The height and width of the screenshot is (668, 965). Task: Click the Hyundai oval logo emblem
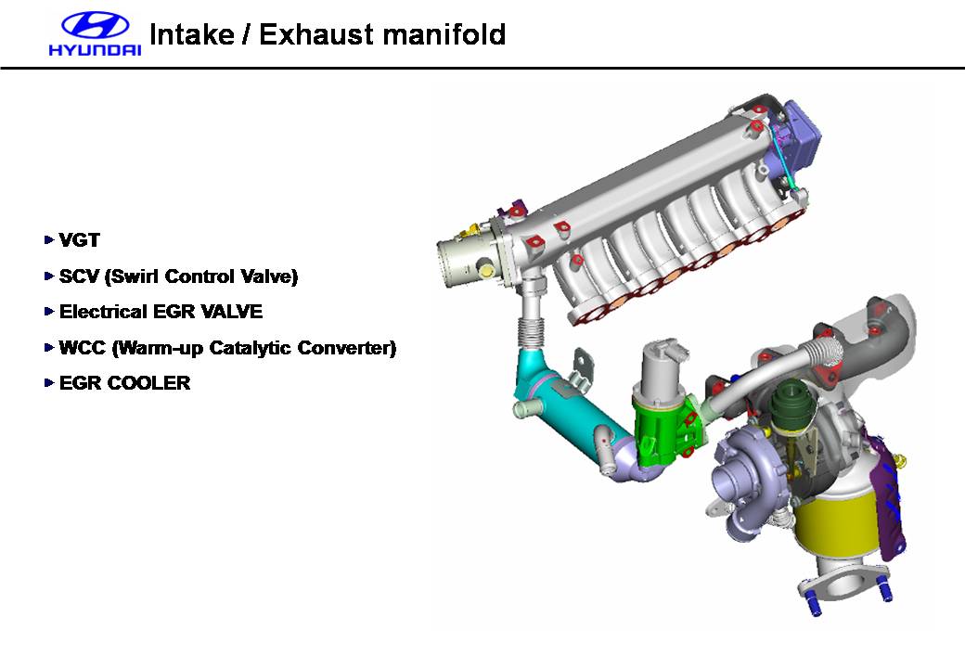click(x=96, y=26)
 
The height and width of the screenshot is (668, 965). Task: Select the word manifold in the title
click(x=444, y=33)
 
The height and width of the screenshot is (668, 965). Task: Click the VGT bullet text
click(x=80, y=240)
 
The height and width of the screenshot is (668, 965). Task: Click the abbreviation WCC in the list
click(x=83, y=348)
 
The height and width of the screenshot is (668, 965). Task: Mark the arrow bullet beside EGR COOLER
click(x=49, y=382)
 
